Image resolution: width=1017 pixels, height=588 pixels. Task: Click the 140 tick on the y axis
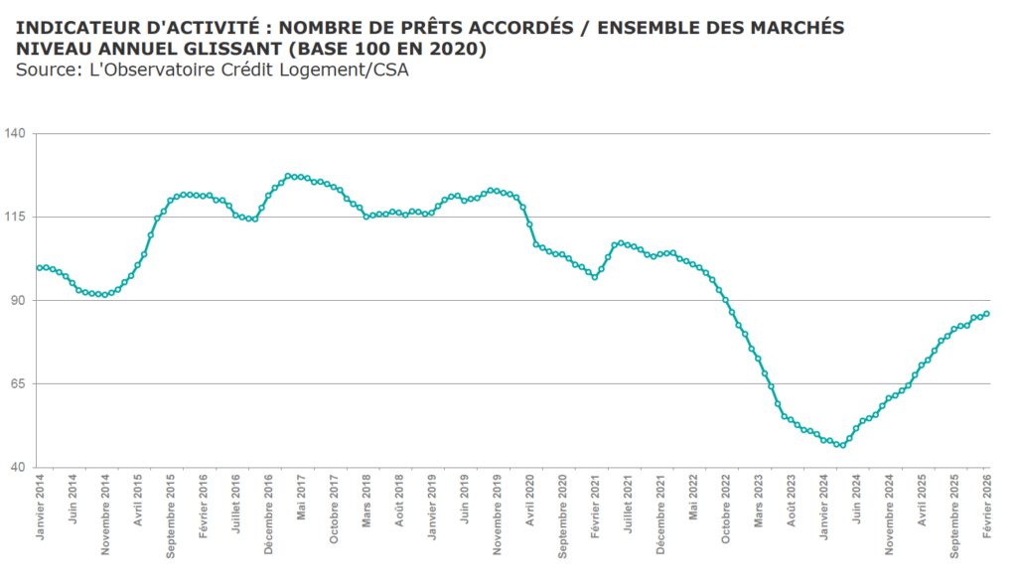[x=17, y=133]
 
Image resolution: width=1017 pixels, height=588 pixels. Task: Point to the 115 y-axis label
[x=17, y=217]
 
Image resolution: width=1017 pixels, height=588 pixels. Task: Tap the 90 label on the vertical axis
[x=20, y=300]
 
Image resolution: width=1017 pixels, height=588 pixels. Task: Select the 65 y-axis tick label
[x=20, y=383]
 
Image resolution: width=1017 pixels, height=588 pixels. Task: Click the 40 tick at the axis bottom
[x=20, y=467]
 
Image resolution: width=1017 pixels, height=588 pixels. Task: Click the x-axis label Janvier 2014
[x=40, y=508]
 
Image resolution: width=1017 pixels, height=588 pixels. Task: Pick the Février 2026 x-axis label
[x=986, y=508]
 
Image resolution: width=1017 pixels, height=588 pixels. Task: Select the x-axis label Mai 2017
[x=301, y=500]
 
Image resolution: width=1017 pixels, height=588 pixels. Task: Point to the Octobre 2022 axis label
[x=725, y=508]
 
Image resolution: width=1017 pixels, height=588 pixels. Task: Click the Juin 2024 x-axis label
[x=856, y=500]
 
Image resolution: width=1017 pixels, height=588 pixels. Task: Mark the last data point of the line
[x=986, y=314]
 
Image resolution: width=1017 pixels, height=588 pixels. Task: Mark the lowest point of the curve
[x=841, y=445]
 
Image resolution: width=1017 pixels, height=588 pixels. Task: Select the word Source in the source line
[x=43, y=70]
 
